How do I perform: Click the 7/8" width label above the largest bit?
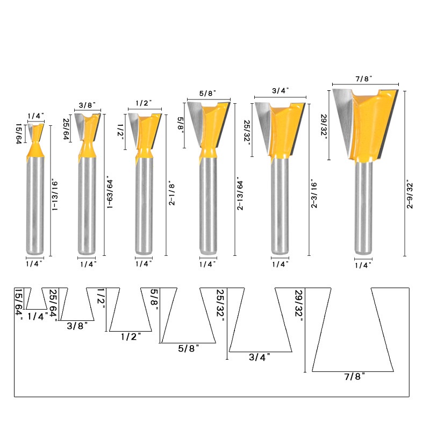pos(364,78)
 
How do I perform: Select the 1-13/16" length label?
pos(55,195)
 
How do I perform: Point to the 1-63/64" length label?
pos(110,192)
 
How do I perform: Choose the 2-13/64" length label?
pos(240,193)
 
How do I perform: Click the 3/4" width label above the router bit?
pos(280,90)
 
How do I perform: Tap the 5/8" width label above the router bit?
pos(207,93)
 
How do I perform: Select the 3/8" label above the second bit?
pos(87,105)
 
